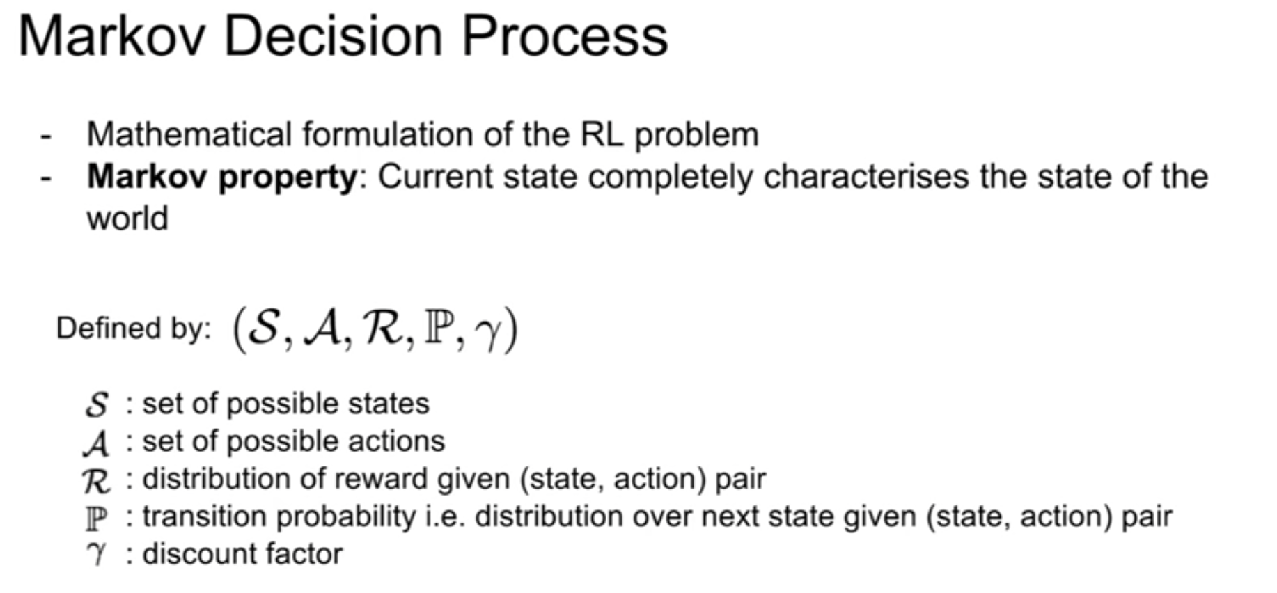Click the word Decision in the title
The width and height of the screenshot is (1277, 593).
pyautogui.click(x=333, y=36)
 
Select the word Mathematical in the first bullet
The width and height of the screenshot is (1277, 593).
pyautogui.click(x=189, y=134)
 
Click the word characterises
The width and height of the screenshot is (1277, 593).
pyautogui.click(x=866, y=177)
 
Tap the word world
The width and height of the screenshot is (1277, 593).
pyautogui.click(x=127, y=219)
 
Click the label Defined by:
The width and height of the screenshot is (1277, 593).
pyautogui.click(x=134, y=329)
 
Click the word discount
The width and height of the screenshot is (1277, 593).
pyautogui.click(x=194, y=554)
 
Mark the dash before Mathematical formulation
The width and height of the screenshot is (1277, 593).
pyautogui.click(x=47, y=136)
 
